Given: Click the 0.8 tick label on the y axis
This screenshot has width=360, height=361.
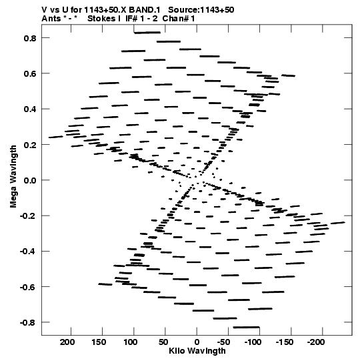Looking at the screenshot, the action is click(x=30, y=38).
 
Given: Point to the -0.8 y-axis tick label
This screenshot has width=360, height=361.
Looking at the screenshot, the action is click(x=28, y=322).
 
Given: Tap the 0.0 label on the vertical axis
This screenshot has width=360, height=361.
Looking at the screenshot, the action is click(x=30, y=180).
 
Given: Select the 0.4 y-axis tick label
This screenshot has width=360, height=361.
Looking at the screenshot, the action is click(x=30, y=109).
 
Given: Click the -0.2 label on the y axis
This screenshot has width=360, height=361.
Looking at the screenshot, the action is click(x=28, y=216).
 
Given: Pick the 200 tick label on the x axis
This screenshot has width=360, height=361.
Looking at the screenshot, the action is click(x=67, y=342).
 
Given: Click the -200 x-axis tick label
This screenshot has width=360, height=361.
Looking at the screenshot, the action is click(x=316, y=342).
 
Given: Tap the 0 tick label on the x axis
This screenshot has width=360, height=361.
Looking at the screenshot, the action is click(x=197, y=342).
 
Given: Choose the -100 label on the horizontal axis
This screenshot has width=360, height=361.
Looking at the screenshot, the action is click(x=253, y=342).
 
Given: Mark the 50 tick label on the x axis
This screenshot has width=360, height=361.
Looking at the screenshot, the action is click(x=163, y=342).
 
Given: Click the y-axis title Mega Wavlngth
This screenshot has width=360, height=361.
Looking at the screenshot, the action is click(x=13, y=177).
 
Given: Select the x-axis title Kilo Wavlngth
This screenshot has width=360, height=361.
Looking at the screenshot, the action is click(x=197, y=351).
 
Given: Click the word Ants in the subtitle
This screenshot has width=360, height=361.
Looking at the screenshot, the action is click(x=51, y=19).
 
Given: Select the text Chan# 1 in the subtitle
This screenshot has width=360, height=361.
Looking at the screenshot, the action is click(x=179, y=19).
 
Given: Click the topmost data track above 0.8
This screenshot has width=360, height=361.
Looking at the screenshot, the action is click(x=147, y=33).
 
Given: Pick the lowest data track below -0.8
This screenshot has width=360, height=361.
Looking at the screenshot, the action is click(x=247, y=327).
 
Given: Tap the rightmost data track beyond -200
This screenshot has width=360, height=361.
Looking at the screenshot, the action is click(x=338, y=223).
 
